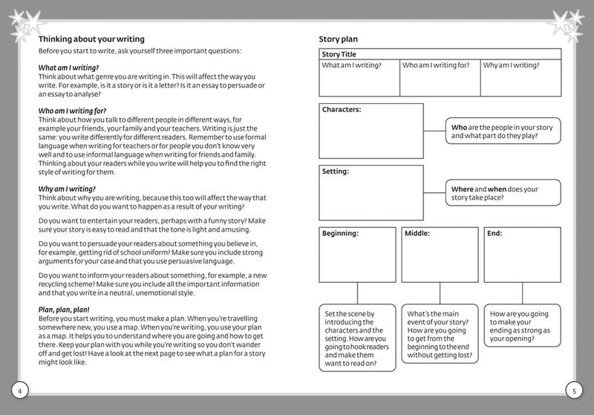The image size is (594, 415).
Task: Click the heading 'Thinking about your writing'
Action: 91,39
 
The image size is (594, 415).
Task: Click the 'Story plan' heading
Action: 339,39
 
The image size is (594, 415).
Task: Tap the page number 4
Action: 20,391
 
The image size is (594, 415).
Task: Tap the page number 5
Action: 573,391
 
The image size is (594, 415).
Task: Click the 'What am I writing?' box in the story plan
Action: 359,77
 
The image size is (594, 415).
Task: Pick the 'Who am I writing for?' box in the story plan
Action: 440,77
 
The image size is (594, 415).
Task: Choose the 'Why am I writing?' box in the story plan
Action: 520,77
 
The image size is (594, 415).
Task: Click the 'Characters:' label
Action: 342,110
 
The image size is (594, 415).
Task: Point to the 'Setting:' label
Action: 336,171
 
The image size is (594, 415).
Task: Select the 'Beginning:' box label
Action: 340,233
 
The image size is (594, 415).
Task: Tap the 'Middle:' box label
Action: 417,233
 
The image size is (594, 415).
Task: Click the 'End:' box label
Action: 495,233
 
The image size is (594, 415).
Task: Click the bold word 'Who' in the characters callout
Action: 459,127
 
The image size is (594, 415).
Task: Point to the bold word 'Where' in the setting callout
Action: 463,189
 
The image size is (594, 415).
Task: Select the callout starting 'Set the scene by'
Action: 357,338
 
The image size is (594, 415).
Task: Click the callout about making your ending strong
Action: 522,324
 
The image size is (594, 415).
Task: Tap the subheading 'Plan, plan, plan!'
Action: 64,310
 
